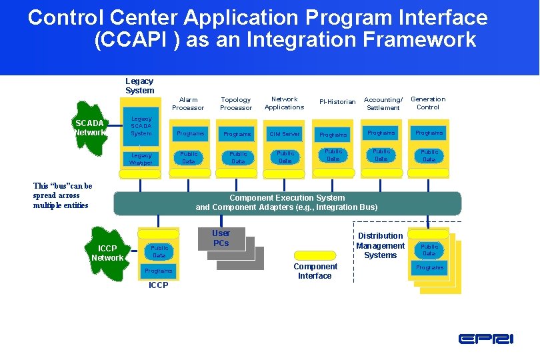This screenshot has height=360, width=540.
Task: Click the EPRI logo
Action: coord(485,339)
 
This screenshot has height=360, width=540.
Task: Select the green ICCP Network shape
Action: coord(107,253)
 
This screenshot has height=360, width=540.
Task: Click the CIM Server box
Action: coord(285,134)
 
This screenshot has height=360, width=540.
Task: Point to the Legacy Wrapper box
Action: coord(141,159)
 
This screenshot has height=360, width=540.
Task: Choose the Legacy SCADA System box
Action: coord(141,126)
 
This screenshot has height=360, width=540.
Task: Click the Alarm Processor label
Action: coord(188,103)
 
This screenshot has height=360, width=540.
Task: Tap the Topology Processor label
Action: coord(236,103)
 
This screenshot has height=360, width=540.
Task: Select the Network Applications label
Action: coord(284,103)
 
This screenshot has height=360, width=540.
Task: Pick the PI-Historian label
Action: coord(337,102)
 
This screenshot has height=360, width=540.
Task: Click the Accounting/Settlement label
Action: coord(383,103)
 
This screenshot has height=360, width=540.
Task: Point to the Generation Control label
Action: coord(428,103)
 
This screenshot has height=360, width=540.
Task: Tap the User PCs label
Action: coord(221,238)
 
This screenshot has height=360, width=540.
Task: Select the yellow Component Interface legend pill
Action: coord(315,255)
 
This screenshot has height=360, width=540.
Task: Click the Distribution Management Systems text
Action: coord(380,245)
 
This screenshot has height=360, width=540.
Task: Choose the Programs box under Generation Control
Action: coord(429,133)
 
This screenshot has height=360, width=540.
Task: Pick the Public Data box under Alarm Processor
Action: coord(189,157)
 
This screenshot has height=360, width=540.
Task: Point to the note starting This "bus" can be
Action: coord(63,195)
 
